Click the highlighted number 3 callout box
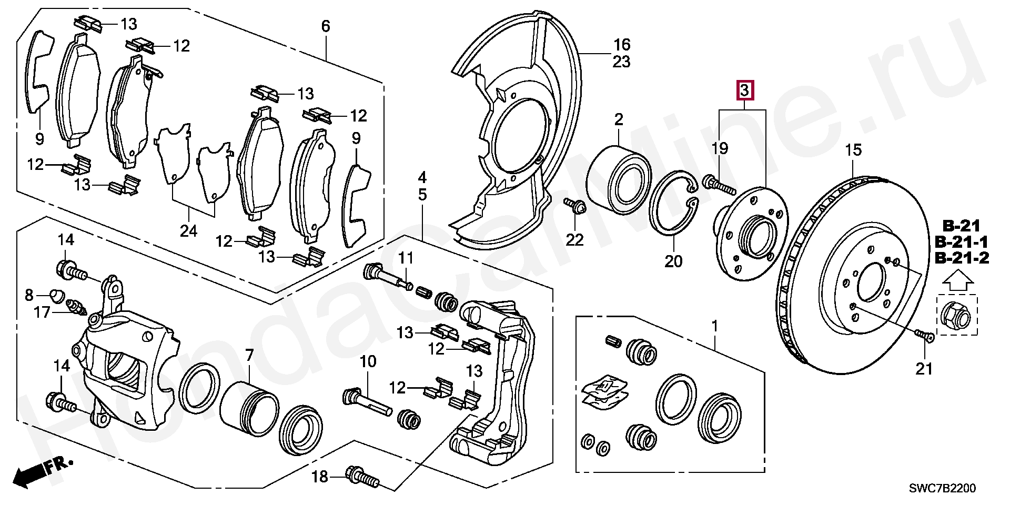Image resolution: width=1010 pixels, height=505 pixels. pos(745,91)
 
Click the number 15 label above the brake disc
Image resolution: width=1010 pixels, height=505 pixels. pos(853,150)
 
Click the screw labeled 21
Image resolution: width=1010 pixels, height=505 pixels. pos(925,335)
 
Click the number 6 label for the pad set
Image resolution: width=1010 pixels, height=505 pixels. pos(326,26)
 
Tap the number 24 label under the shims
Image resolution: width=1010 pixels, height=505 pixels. pos(188,230)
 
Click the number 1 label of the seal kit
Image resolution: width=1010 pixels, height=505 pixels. pos(714,327)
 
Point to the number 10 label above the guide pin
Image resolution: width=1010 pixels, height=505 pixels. pos(368,361)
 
